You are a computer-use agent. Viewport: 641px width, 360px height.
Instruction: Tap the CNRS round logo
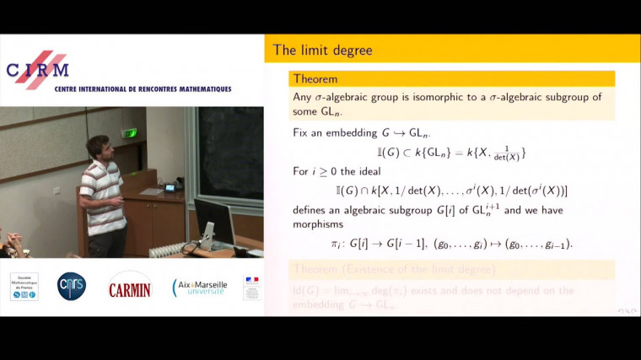[x=71, y=287]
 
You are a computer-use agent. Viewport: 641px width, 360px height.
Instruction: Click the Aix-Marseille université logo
[x=199, y=287]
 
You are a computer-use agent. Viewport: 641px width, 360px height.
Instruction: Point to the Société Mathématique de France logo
[x=24, y=287]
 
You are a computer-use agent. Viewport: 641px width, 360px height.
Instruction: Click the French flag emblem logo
[x=251, y=287]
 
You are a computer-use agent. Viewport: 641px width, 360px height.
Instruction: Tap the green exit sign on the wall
[x=129, y=132]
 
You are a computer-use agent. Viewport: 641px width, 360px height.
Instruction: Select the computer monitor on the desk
[x=213, y=221]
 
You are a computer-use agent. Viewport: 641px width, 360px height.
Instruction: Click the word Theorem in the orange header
[x=315, y=79]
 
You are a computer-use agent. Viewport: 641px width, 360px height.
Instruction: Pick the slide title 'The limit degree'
[x=322, y=51]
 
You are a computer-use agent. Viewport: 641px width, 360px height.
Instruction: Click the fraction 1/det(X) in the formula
[x=506, y=153]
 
